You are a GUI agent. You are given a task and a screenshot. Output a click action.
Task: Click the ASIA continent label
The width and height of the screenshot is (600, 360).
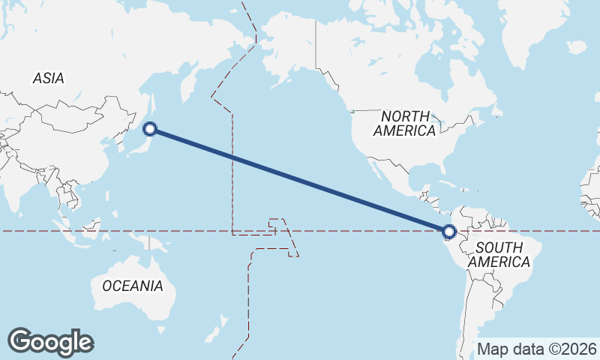[48, 78]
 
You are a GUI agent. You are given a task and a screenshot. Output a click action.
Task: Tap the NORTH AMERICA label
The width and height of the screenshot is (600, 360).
[405, 123]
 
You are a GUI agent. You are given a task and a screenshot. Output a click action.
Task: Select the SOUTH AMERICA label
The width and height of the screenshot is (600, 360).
[498, 255]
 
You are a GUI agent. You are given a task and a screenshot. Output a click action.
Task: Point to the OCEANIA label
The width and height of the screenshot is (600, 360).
[132, 286]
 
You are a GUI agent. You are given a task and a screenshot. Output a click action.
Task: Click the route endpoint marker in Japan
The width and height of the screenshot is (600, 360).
[150, 129]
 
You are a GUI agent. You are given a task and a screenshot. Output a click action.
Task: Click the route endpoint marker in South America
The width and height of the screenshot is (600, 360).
[448, 232]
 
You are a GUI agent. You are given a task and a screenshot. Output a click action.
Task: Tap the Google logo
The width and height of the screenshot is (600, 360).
[50, 341]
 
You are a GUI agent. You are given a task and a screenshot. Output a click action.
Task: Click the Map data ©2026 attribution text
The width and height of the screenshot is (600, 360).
[537, 349]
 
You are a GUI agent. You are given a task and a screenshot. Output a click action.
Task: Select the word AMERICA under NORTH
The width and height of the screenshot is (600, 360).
[405, 130]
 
